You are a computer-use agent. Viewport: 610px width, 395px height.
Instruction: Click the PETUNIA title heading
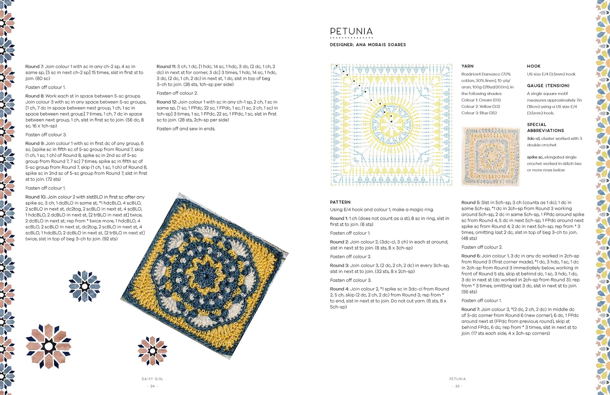point(351,32)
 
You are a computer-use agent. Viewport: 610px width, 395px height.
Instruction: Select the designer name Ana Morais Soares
point(381,45)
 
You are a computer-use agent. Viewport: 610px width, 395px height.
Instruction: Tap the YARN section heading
point(467,66)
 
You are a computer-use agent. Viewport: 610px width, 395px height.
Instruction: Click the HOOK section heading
point(533,66)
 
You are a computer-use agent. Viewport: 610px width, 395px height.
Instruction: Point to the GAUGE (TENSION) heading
point(548,86)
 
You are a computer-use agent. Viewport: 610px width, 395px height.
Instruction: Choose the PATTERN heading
point(340,202)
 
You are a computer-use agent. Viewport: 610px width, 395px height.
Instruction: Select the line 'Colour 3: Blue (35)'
point(479,113)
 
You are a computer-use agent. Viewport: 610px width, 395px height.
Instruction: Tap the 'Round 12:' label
point(166,102)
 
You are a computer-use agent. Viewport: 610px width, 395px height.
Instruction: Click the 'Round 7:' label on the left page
point(34,66)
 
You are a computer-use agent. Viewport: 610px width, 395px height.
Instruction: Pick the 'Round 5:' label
point(471,203)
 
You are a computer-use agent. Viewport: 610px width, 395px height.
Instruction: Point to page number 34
point(152,386)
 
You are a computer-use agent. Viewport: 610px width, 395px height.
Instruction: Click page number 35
point(457,386)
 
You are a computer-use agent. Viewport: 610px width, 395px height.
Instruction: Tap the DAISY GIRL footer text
point(152,379)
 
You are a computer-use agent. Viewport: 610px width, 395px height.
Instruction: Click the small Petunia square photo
point(490,157)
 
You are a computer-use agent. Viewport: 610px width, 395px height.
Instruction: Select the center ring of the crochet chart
point(391,125)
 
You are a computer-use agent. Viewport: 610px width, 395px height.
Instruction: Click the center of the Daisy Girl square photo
point(204,276)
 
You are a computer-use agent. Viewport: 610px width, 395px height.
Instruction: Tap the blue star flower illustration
point(84,286)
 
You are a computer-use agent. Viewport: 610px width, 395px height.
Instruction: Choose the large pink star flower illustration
point(49,346)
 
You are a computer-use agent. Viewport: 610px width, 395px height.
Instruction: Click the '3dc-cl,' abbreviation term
point(533,139)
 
